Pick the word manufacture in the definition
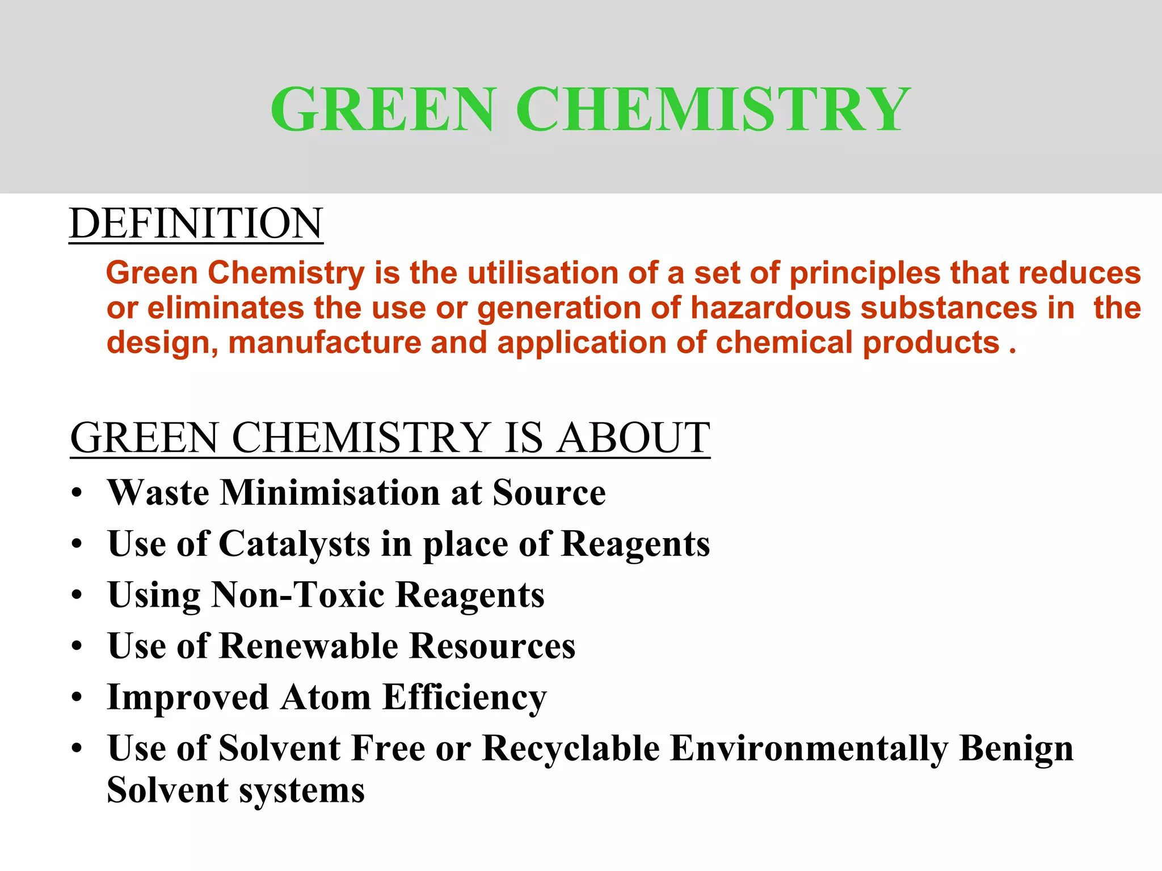tap(325, 343)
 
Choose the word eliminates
tap(226, 308)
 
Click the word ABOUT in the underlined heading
tap(633, 438)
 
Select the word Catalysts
tap(294, 544)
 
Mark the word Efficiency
tap(464, 697)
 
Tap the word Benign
tap(1016, 749)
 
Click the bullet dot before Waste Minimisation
tap(77, 493)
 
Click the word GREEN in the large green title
tap(383, 109)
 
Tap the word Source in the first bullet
tap(549, 492)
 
